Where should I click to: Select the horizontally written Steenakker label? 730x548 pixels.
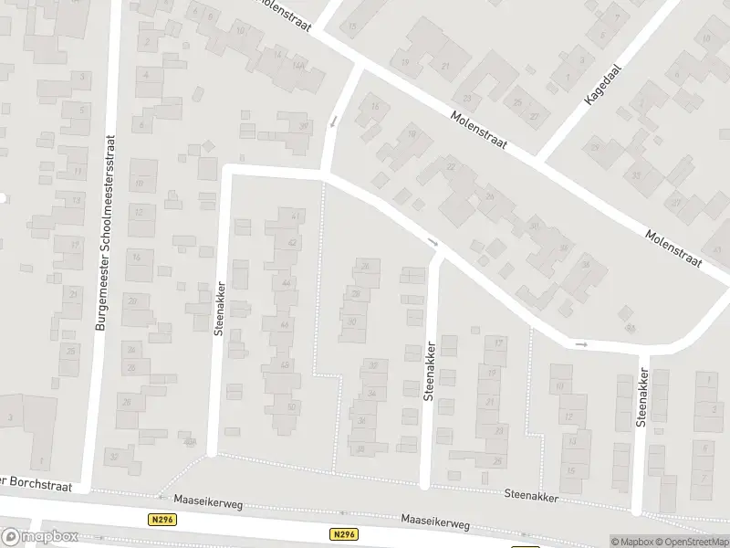531,493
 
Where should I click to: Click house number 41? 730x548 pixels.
295,216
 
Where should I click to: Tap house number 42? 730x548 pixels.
292,243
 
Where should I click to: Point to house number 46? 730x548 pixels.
286,324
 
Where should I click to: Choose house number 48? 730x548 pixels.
286,365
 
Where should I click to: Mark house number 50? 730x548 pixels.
291,406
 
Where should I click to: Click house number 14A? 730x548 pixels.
297,66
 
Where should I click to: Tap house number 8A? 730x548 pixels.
630,328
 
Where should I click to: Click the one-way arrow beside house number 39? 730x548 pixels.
333,121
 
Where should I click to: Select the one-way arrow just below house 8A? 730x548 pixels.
581,344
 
